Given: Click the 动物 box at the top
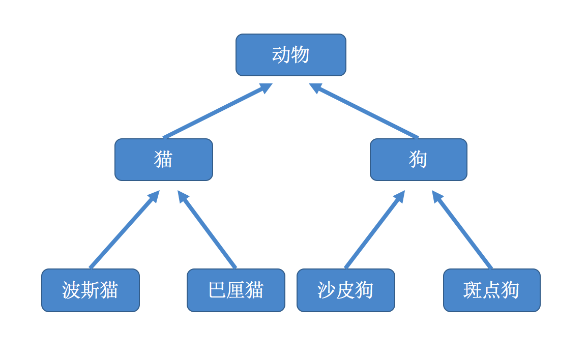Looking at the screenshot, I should tap(290, 55).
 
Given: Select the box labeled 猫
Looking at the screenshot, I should tap(163, 160).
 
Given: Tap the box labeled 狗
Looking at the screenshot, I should tap(418, 160).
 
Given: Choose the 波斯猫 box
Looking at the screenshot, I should tap(91, 290).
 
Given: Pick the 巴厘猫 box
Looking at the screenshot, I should tap(236, 290).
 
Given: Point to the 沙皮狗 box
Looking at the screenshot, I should tap(345, 290).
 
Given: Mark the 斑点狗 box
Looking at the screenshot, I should tap(491, 290).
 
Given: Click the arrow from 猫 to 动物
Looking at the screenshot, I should tap(217, 111).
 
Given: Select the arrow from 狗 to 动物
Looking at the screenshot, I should tap(364, 111).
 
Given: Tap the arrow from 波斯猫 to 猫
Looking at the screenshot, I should tap(125, 229).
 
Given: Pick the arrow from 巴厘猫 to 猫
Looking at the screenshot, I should tap(207, 229).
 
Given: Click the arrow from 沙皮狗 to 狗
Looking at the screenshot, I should tap(375, 229).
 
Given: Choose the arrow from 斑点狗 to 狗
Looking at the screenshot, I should tap(462, 229).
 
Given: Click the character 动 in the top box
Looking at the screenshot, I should tap(281, 55).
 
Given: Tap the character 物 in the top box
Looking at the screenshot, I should tap(300, 55).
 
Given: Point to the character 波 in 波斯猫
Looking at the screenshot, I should tap(71, 290).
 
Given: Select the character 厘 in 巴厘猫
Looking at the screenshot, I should tap(236, 290).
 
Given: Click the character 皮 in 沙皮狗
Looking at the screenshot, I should tap(345, 290).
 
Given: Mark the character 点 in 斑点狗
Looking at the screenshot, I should tap(491, 290).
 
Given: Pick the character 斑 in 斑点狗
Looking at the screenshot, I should tap(473, 290).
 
